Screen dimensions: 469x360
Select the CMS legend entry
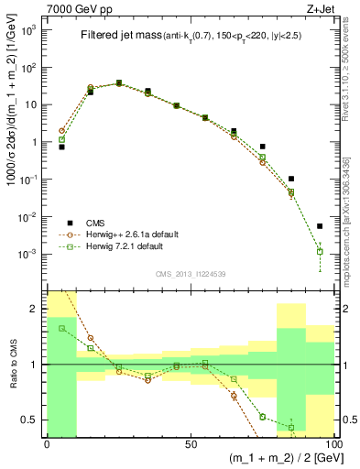tap(92, 223)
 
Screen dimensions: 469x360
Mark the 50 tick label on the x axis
tap(190, 443)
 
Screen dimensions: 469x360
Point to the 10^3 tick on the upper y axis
tap(31, 30)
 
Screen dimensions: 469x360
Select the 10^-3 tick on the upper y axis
tap(31, 253)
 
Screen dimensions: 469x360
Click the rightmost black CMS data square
tap(320, 226)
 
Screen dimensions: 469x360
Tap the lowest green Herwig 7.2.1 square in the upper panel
tap(320, 251)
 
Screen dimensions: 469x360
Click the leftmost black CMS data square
tap(61, 147)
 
